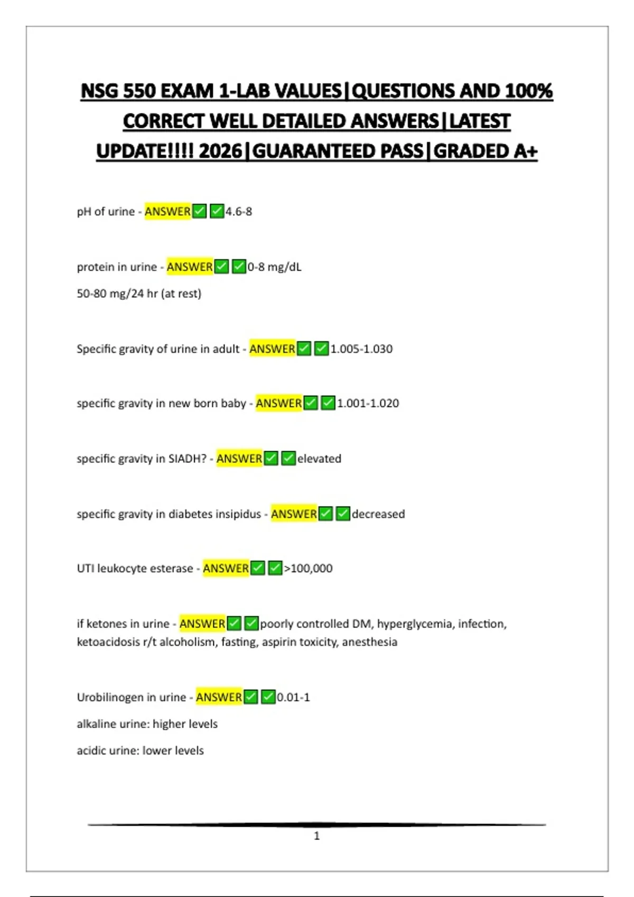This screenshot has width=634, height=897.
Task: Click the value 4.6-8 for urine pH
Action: [239, 212]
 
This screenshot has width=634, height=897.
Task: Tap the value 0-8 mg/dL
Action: [274, 267]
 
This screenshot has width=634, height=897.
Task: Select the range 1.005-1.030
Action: [361, 349]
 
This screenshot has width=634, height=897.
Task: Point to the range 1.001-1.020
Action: [368, 403]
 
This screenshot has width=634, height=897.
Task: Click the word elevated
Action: [319, 459]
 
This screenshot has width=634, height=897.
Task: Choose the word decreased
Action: [378, 514]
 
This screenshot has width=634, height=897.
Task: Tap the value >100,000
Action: [309, 568]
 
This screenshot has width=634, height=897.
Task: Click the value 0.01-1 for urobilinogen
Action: [293, 697]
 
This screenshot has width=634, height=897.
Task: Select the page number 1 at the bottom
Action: [316, 836]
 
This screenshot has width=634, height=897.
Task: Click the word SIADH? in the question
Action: [188, 459]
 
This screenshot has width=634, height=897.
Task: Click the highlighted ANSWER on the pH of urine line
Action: [167, 212]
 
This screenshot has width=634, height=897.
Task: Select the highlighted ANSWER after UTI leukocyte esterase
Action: [226, 568]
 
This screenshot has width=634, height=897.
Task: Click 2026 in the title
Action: [220, 151]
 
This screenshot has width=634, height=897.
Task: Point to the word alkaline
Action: [97, 724]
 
